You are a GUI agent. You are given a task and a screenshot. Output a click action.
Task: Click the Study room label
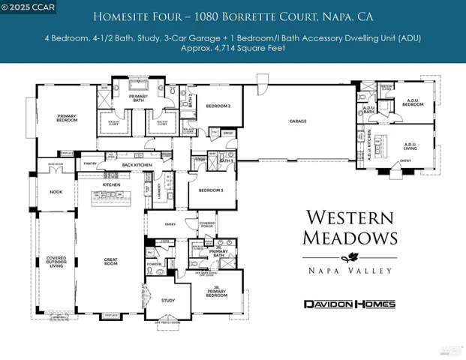(170, 300)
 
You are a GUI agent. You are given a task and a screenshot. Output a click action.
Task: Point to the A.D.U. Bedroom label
(411, 103)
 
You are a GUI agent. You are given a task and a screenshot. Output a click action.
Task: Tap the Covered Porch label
(207, 225)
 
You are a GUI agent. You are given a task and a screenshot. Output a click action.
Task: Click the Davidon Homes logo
(348, 304)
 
